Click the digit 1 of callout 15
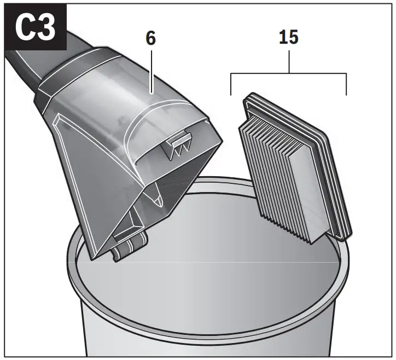click(x=281, y=38)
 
